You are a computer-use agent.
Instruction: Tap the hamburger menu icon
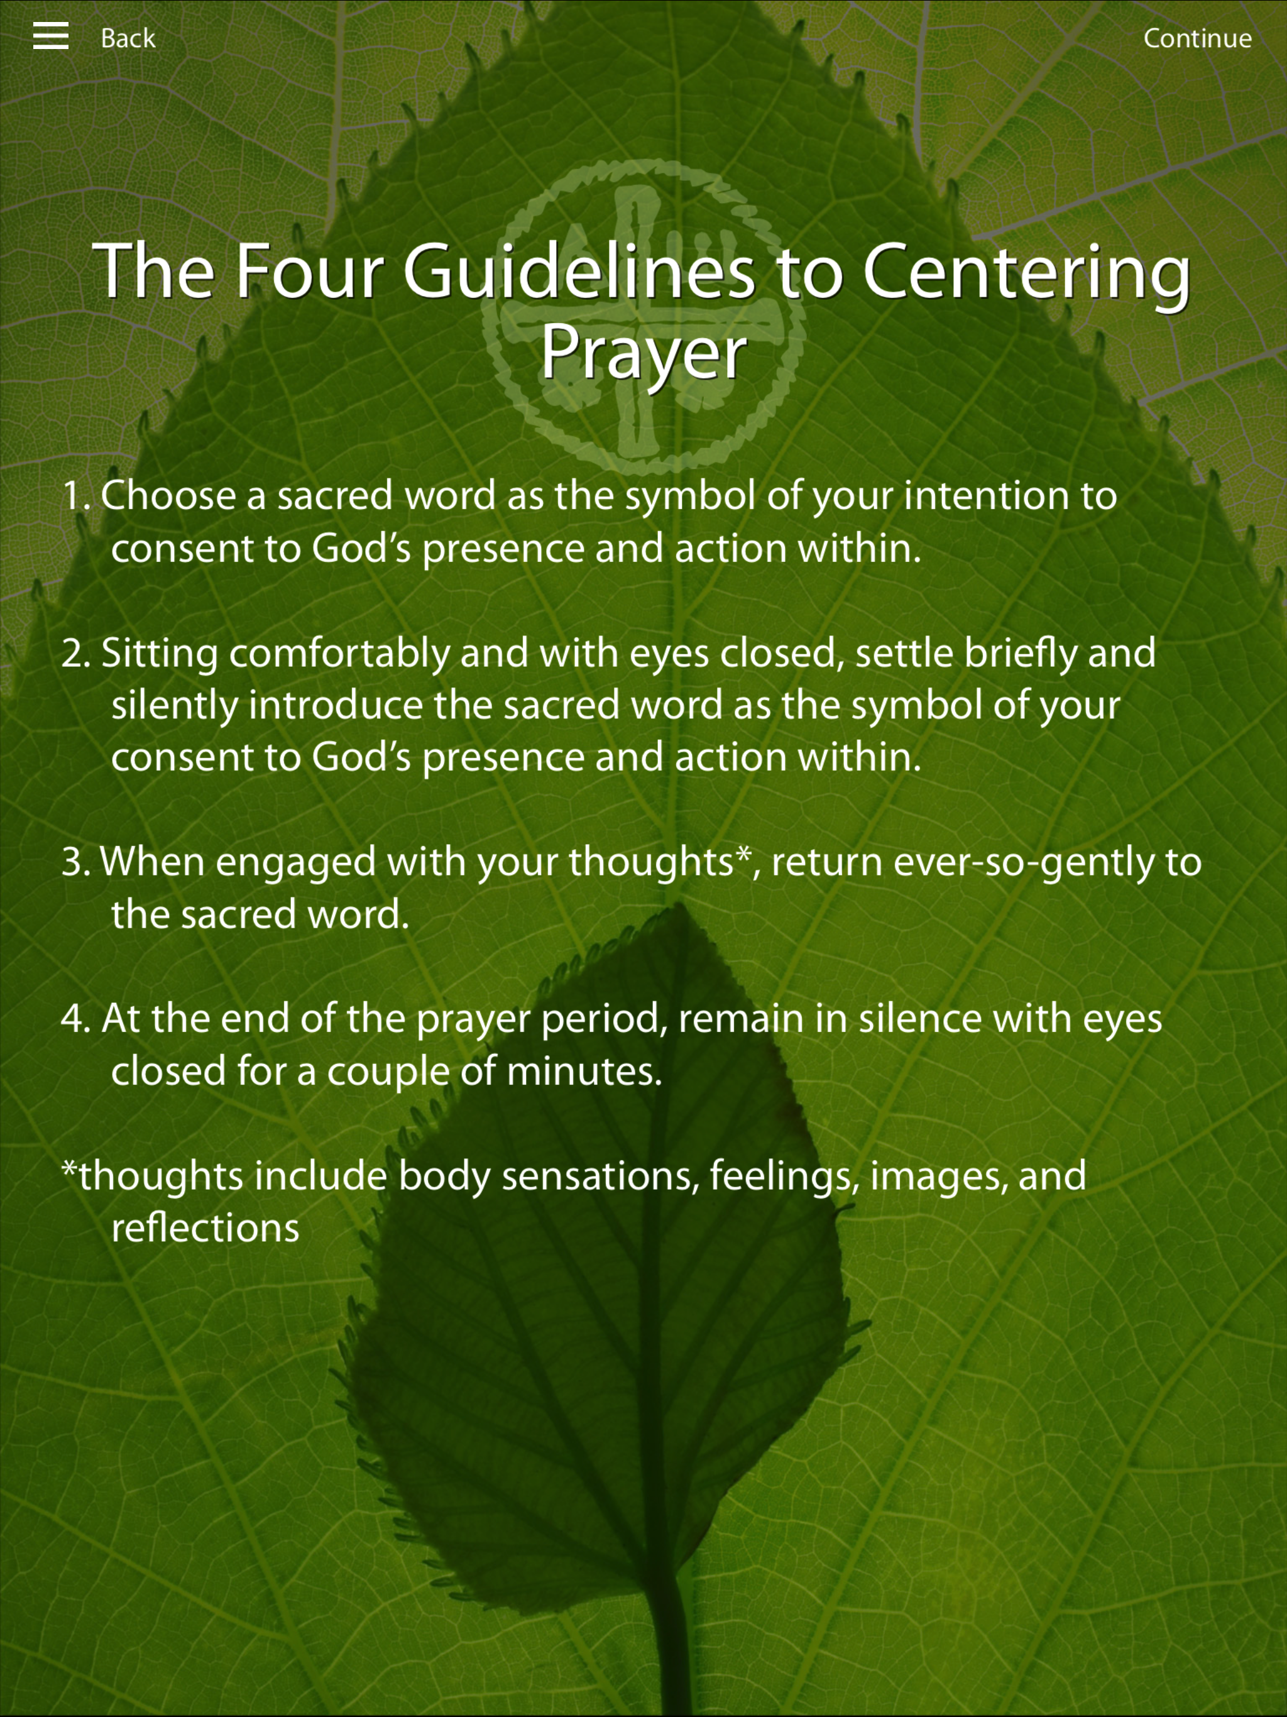[x=50, y=36]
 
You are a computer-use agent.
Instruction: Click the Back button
[x=128, y=38]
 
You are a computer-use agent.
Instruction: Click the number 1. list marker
[x=76, y=496]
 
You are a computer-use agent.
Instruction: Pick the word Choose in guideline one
[x=168, y=495]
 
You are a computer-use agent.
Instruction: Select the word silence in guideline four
[x=919, y=1018]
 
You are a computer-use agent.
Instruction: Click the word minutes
[x=584, y=1070]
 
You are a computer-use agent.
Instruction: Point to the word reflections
[x=205, y=1227]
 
